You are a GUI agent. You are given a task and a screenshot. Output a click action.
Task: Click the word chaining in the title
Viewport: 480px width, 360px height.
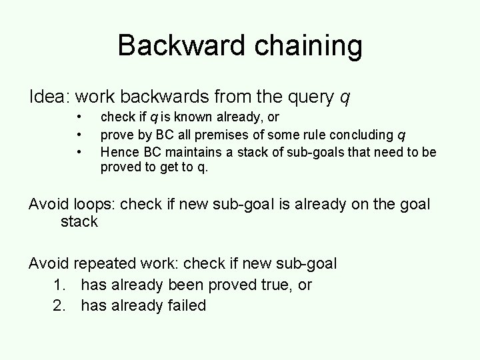point(304,46)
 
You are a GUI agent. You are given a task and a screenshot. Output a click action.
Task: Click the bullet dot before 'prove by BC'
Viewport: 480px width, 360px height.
point(80,135)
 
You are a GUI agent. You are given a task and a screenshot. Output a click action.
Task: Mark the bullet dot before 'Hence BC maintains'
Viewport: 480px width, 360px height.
point(80,153)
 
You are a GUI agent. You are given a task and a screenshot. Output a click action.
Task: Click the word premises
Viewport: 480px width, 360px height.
point(225,135)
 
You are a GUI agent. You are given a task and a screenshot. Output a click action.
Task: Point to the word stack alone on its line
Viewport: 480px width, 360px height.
point(79,221)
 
